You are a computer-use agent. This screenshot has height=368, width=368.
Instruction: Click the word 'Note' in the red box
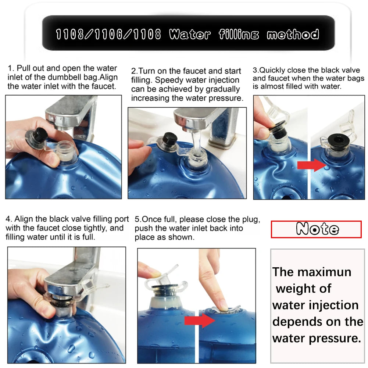click(x=317, y=229)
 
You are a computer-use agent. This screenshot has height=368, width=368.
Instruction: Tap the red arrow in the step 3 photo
click(x=311, y=165)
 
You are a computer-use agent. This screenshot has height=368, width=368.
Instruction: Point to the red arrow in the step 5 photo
click(x=200, y=321)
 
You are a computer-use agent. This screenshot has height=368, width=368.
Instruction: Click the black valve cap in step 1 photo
click(x=40, y=135)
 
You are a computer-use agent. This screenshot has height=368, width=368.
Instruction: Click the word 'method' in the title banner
click(x=293, y=35)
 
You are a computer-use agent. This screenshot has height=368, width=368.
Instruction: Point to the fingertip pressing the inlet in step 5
click(x=222, y=307)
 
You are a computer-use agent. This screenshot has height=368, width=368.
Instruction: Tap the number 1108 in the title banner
click(x=147, y=35)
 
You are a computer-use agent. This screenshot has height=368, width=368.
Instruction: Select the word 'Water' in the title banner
click(x=190, y=35)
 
